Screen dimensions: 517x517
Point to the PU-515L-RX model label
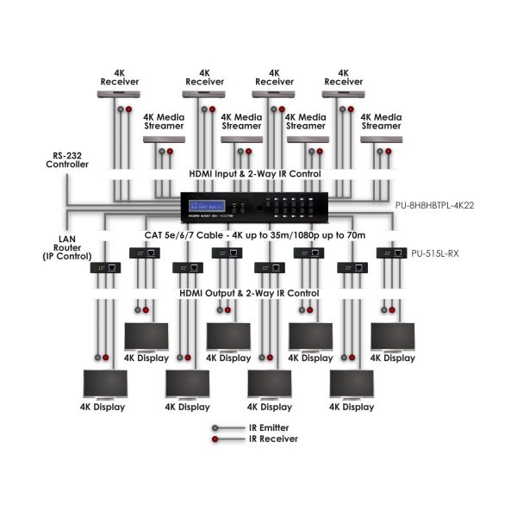(433, 254)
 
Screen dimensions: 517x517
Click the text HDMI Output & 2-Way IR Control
(249, 293)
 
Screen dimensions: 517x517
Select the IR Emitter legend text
(268, 427)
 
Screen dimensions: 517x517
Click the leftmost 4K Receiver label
(114, 78)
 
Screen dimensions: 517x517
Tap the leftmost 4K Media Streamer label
(164, 121)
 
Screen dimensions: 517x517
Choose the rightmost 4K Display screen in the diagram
(393, 336)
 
